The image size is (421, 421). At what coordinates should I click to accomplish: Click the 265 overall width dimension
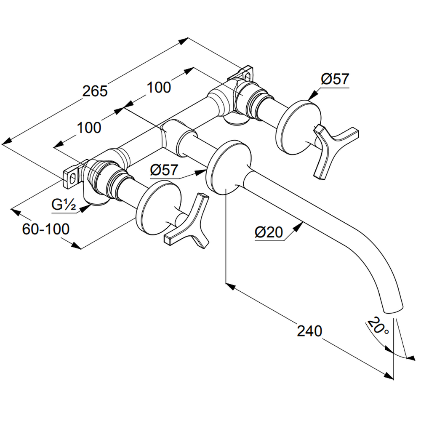click(x=95, y=91)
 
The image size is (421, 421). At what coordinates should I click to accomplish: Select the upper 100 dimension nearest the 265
click(x=159, y=87)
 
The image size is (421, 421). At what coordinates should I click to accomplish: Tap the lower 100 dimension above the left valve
click(x=89, y=127)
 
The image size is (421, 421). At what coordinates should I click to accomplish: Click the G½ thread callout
click(x=64, y=205)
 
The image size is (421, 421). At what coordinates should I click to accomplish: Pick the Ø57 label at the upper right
click(x=335, y=79)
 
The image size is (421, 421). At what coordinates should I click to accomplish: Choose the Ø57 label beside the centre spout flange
click(x=165, y=170)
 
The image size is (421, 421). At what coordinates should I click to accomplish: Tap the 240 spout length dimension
click(x=309, y=331)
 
